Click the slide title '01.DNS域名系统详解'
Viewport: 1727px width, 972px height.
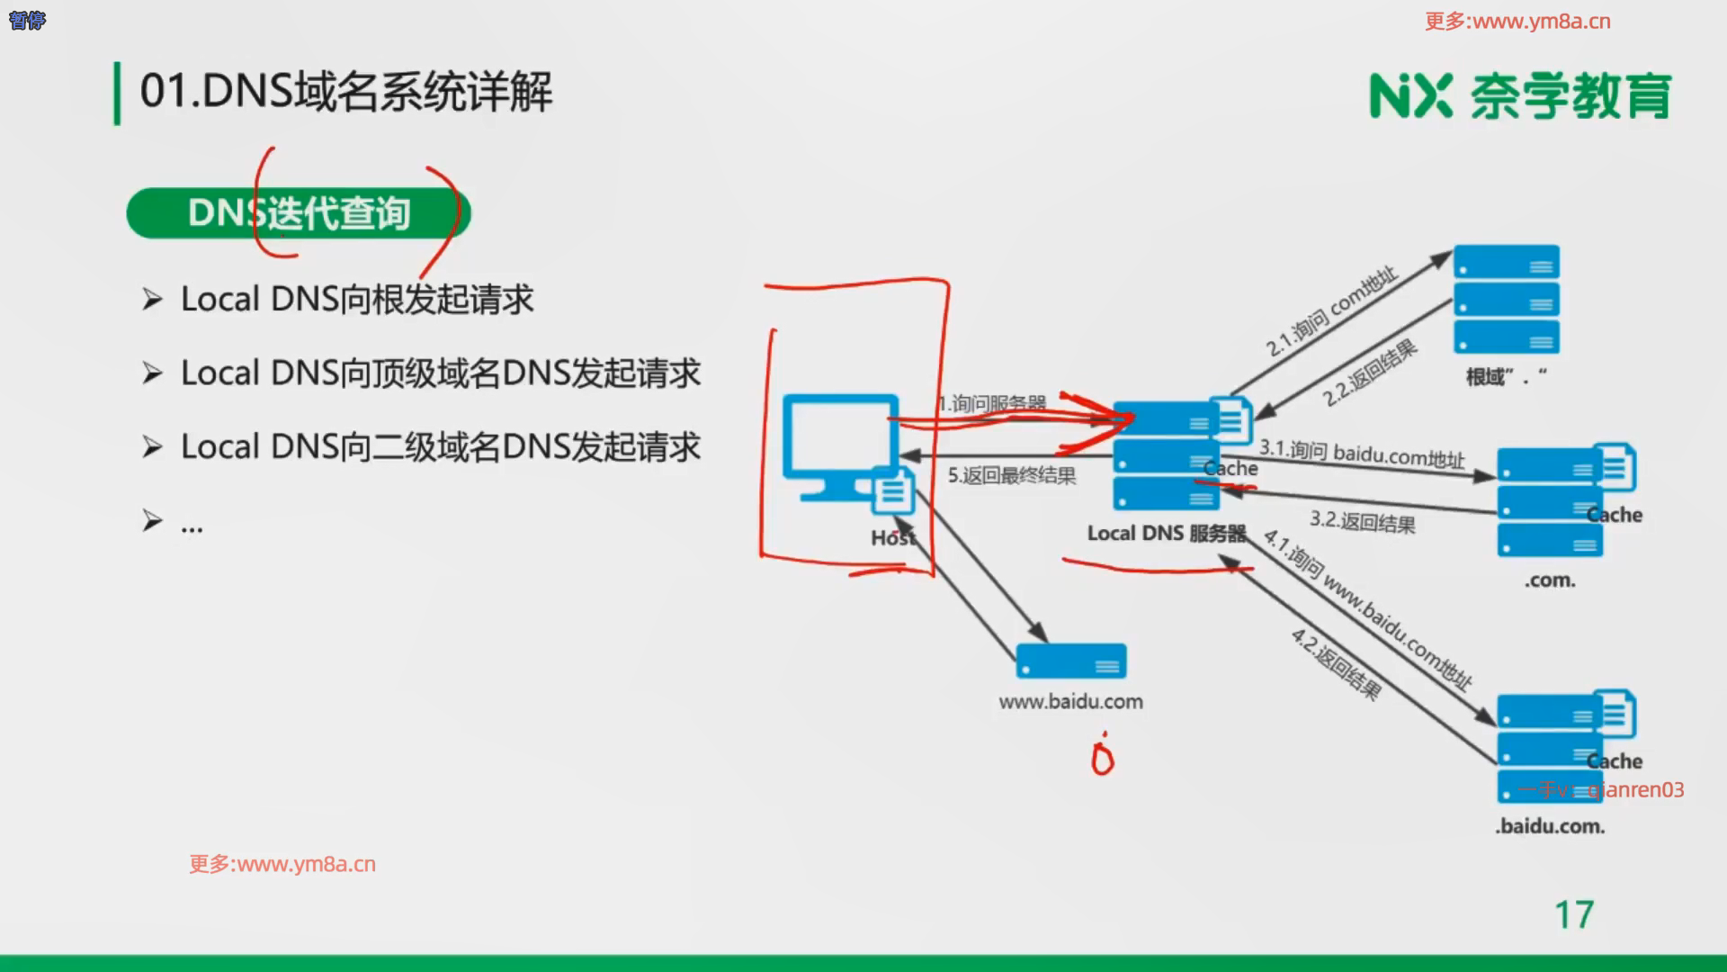[x=346, y=92]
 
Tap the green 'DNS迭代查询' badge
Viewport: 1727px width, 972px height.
[x=298, y=213]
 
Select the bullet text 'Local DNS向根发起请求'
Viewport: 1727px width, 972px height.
[x=357, y=300]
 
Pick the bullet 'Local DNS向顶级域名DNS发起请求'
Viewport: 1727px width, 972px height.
[x=440, y=373]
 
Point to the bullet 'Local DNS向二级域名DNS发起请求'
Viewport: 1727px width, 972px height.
[x=440, y=447]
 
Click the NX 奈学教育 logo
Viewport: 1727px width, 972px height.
[x=1519, y=96]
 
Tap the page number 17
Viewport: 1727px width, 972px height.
[x=1574, y=915]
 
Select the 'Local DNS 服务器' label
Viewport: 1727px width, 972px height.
[x=1167, y=534]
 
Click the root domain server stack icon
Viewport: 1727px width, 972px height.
[x=1506, y=299]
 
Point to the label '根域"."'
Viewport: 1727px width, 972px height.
[x=1506, y=377]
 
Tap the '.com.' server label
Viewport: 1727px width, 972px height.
[x=1550, y=580]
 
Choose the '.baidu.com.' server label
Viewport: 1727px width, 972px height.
[x=1550, y=826]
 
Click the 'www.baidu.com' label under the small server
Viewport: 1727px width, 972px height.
[x=1070, y=702]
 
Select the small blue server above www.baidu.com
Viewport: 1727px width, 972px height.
[x=1070, y=661]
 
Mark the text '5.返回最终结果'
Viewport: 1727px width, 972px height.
[x=1012, y=475]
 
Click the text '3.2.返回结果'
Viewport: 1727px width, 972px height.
[x=1362, y=521]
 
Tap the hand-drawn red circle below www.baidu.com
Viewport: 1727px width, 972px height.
[x=1102, y=759]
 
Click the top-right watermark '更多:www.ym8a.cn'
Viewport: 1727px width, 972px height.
[x=1517, y=22]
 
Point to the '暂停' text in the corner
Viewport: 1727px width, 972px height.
[x=27, y=20]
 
